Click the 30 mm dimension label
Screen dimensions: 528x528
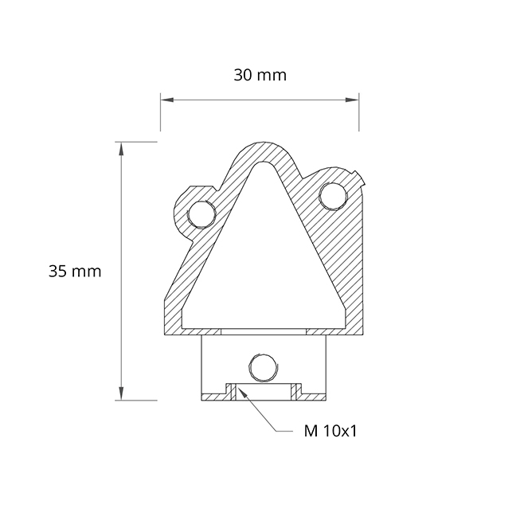(x=260, y=75)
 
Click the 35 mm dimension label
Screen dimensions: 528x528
(x=75, y=272)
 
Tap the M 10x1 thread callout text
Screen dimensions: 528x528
(x=330, y=431)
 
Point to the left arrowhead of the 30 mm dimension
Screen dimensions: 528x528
(x=167, y=100)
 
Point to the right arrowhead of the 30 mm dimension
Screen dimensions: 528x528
(x=352, y=100)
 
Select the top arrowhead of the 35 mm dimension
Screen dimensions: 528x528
(x=121, y=149)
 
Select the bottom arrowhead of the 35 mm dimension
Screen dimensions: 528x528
(x=121, y=393)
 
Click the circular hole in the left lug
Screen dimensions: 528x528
(x=202, y=213)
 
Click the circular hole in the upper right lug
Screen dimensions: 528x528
(x=333, y=196)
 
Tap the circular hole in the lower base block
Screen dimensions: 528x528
(x=263, y=368)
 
